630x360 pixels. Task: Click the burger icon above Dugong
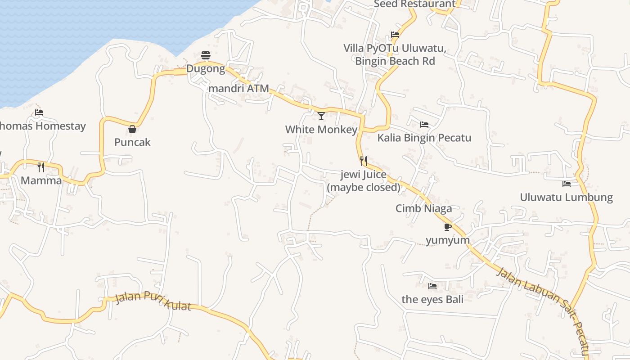point(206,55)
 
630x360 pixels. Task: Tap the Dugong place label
point(206,69)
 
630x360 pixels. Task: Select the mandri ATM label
point(238,88)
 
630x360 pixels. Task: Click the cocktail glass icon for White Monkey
point(321,116)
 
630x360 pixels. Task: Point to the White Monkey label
point(321,130)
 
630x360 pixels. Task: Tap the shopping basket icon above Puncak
point(132,129)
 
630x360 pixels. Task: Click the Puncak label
point(132,142)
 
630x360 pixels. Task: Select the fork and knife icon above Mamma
point(41,167)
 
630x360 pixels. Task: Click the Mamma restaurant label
point(41,180)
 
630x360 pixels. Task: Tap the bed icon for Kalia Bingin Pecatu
point(424,125)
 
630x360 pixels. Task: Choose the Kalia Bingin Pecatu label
point(424,138)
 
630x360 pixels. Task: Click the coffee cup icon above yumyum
point(447,227)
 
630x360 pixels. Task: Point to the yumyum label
point(448,240)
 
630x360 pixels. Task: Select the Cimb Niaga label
point(423,208)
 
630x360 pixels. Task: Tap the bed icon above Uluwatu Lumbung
point(567,184)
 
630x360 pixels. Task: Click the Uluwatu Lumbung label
point(567,197)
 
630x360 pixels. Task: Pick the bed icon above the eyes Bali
point(432,286)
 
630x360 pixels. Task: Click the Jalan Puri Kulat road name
point(153,301)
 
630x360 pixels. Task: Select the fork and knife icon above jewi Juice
point(364,161)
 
